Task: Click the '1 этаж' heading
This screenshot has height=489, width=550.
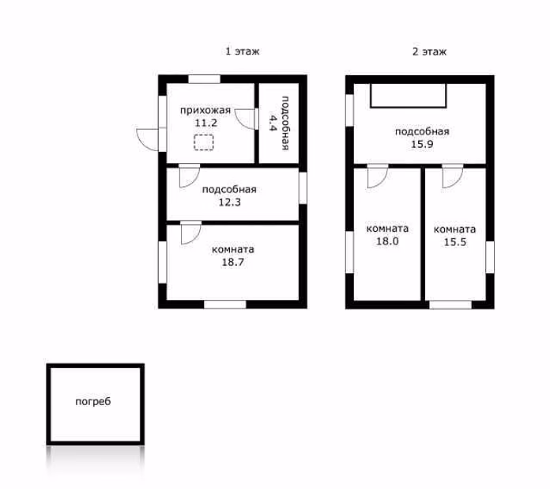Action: point(243,51)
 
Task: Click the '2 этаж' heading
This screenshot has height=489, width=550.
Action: point(429,51)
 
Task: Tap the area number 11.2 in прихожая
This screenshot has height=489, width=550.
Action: point(206,123)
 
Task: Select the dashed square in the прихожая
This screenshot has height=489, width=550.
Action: point(204,142)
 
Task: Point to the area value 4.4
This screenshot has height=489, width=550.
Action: point(273,122)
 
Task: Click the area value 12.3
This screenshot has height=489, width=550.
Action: point(230,203)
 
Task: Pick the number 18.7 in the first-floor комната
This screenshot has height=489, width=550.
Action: point(232,262)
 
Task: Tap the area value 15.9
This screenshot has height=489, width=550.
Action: point(422,144)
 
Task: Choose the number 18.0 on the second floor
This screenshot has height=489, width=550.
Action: point(387,241)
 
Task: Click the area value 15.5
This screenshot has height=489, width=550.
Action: point(455,242)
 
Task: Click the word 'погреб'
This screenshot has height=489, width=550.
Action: point(93,401)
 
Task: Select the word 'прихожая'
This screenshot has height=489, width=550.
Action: point(205,110)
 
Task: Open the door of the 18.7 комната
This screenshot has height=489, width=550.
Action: point(190,233)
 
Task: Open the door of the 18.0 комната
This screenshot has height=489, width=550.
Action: point(378,176)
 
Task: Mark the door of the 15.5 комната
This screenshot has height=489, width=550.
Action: point(453,176)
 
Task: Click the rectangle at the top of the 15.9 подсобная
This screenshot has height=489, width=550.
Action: point(409,96)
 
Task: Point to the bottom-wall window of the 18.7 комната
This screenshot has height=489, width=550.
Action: point(225,304)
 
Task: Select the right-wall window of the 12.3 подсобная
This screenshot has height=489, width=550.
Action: point(303,188)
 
